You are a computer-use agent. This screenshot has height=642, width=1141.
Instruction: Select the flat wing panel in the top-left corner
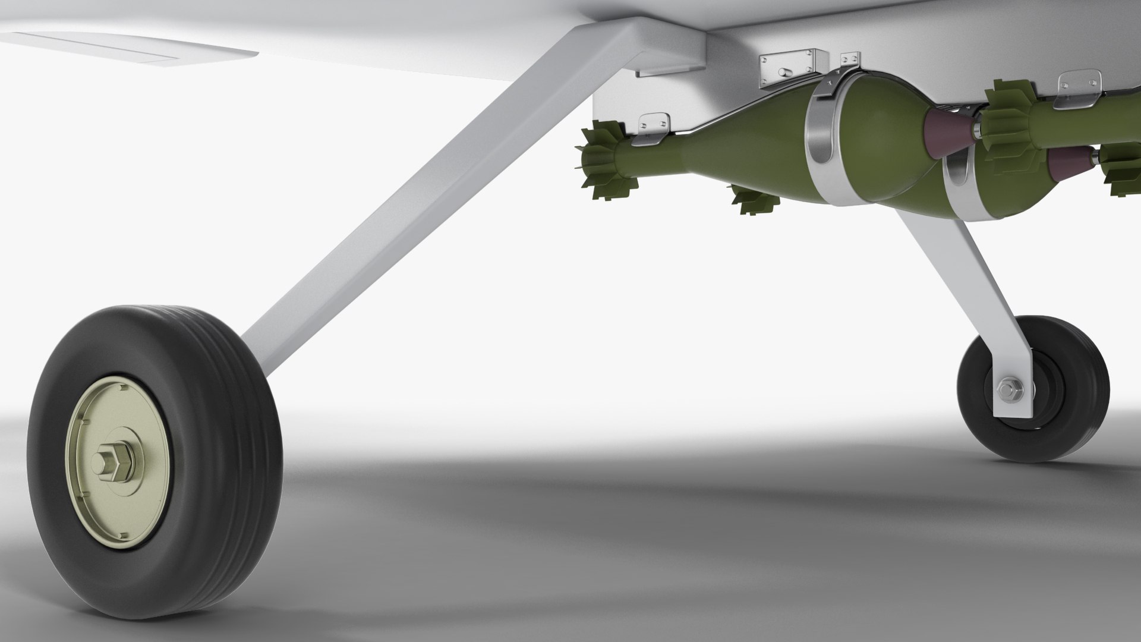119,48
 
